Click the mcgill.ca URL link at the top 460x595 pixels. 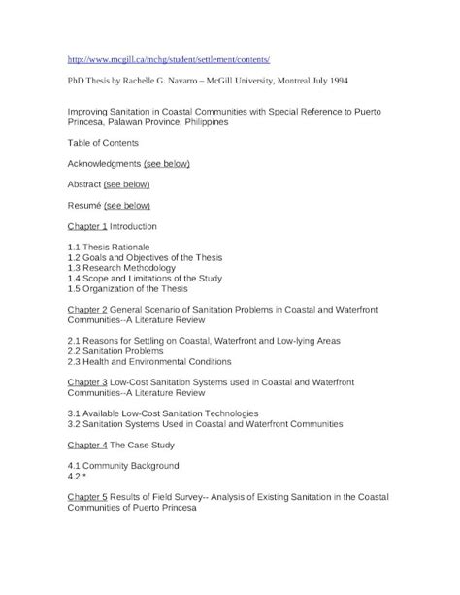coord(161,59)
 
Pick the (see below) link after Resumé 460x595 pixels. coord(127,206)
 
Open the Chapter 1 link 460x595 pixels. coord(86,226)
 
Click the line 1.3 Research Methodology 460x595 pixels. coord(129,268)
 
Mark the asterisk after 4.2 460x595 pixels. coord(86,477)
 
